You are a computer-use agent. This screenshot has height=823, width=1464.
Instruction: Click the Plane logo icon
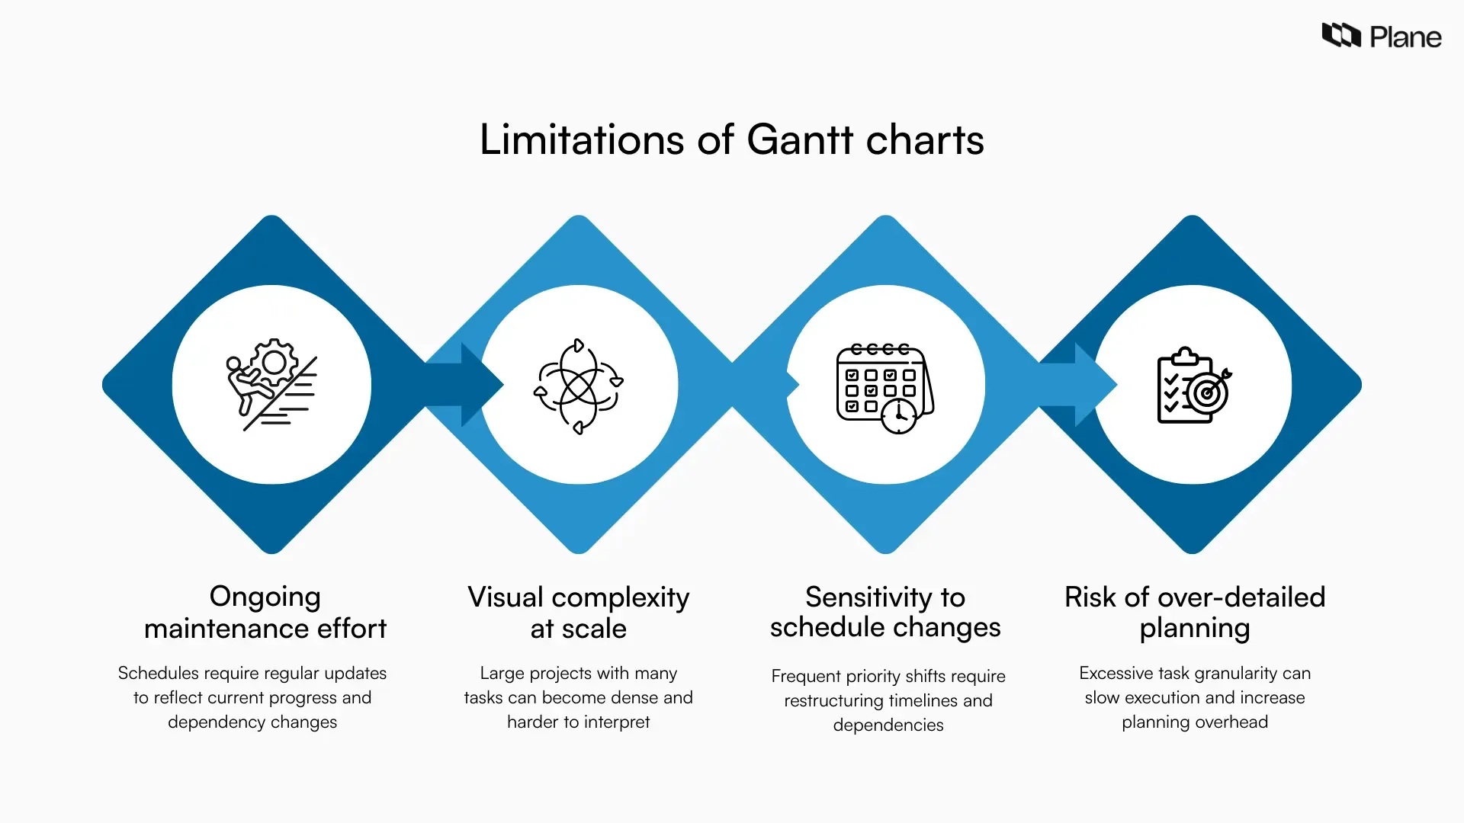[x=1340, y=35]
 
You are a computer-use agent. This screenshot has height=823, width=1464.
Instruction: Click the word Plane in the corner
[x=1405, y=37]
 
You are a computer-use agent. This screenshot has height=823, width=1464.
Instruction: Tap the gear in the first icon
[x=274, y=362]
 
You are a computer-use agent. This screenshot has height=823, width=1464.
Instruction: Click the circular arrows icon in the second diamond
[x=579, y=386]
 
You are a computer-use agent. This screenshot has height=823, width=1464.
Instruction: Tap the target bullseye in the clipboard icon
[x=1207, y=393]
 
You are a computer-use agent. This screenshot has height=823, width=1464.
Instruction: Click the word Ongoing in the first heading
[x=265, y=597]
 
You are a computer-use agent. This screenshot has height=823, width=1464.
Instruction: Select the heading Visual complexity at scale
[x=578, y=613]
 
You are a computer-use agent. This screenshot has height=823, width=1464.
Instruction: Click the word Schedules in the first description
[x=158, y=674]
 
